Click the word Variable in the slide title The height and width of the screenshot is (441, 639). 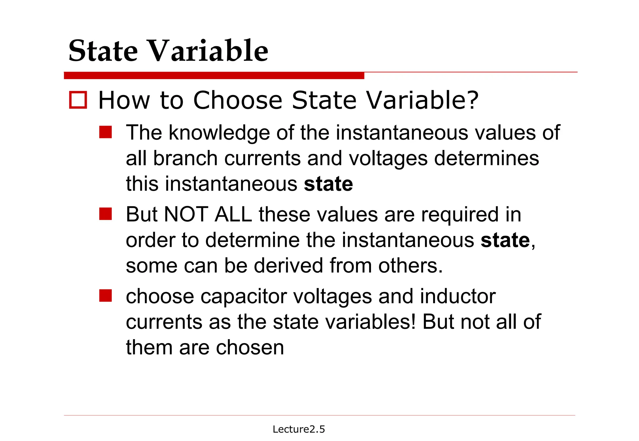207,51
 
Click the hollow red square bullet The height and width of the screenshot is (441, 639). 78,100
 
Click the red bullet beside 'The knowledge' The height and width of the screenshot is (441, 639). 105,132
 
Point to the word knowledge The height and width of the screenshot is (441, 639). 219,133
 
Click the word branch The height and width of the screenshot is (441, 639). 186,158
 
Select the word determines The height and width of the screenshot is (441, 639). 486,158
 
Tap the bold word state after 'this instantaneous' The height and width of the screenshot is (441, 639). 328,184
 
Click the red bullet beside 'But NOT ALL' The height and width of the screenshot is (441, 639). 105,214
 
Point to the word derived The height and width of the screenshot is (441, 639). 289,266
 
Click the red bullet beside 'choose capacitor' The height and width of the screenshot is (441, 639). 105,296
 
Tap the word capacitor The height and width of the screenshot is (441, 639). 243,296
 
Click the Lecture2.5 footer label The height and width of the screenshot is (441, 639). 299,429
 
